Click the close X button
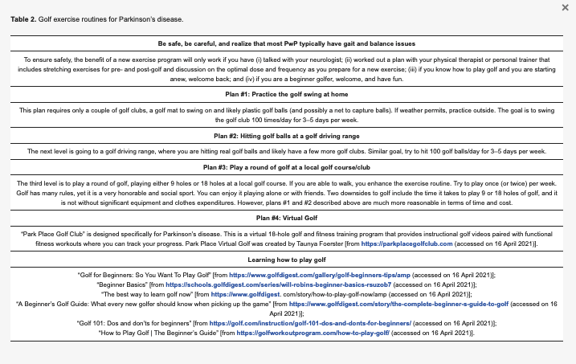pos(564,7)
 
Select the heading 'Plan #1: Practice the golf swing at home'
pos(287,95)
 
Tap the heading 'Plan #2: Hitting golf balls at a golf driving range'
pos(287,136)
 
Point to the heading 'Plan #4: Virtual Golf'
pos(287,217)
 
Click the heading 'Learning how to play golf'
pos(287,260)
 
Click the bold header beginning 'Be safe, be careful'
pos(287,43)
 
